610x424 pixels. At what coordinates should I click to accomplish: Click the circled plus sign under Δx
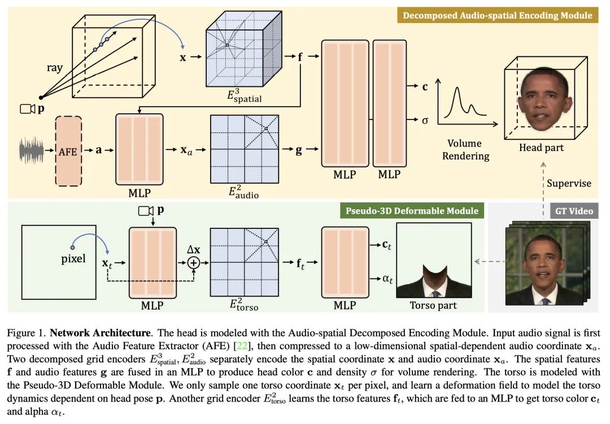coord(194,262)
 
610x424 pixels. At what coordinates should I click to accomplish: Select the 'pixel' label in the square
coord(74,259)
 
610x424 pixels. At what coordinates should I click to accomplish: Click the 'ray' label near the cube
coord(55,69)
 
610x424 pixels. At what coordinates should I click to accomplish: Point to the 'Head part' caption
coord(541,148)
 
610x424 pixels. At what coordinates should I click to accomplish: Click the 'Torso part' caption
coord(433,305)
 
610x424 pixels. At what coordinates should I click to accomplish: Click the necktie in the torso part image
coord(433,291)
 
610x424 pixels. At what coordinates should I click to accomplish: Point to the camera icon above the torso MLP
coord(146,211)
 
